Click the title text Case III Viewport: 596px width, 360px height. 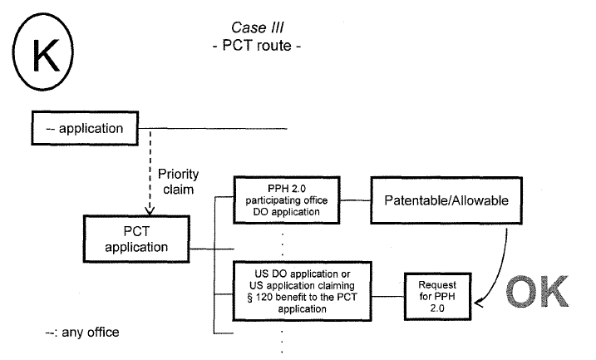point(255,28)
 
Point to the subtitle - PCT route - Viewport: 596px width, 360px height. point(255,46)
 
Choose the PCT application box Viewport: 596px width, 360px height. point(137,238)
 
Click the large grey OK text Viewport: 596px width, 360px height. point(533,293)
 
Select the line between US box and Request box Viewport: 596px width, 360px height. point(377,296)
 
